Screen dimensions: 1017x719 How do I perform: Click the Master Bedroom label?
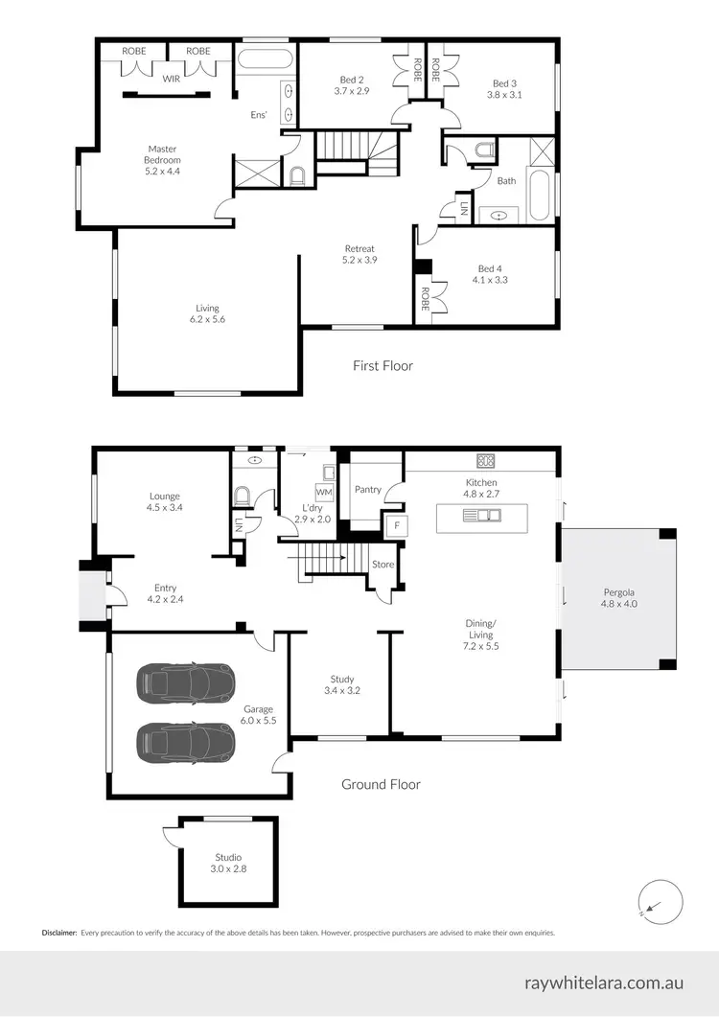pos(163,154)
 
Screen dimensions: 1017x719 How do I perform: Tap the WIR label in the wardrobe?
pos(172,79)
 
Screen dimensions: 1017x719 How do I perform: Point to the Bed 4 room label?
pos(490,268)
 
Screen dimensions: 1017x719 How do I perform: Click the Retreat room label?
pos(359,249)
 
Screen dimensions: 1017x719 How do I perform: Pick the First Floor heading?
pos(383,365)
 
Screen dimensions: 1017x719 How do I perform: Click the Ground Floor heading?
pos(382,784)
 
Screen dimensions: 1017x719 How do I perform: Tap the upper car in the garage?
pos(188,682)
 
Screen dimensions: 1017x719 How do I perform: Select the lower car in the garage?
pos(188,741)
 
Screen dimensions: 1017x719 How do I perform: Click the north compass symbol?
pos(660,901)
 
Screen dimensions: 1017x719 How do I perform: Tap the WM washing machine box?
pos(324,492)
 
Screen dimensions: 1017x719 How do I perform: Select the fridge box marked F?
pos(391,525)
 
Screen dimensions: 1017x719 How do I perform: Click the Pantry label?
pos(368,490)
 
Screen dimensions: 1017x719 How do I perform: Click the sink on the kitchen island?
pos(481,516)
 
